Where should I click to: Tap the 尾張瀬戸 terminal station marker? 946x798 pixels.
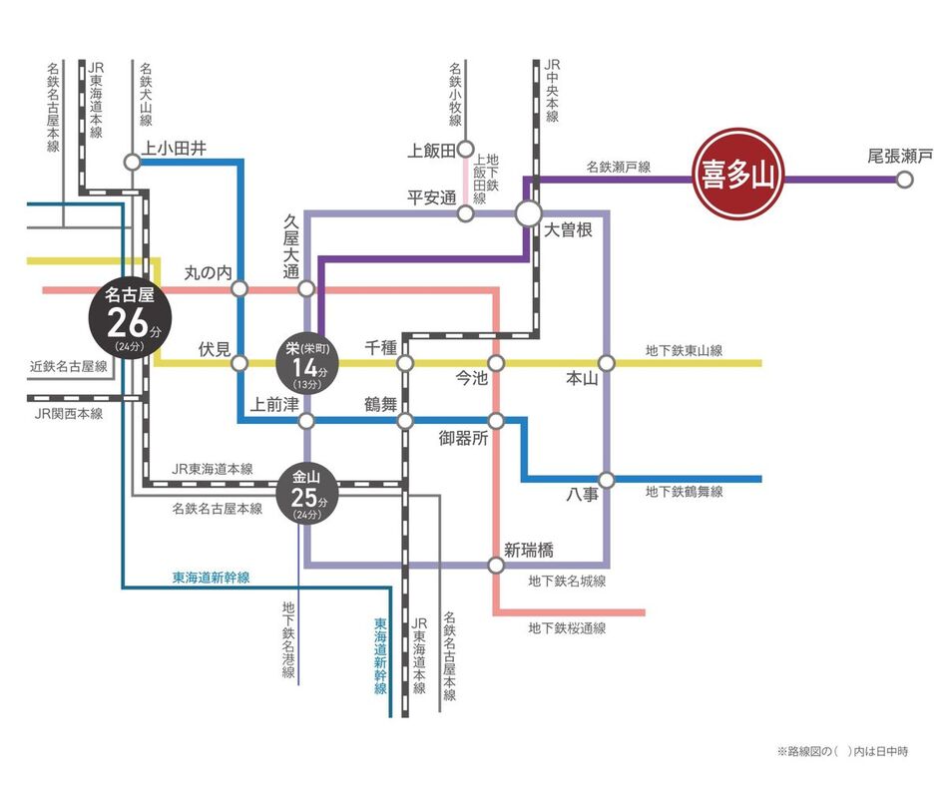[x=904, y=180]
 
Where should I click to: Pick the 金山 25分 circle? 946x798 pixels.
[x=307, y=494]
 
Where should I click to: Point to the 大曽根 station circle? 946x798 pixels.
[x=529, y=213]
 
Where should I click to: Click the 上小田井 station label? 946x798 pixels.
[x=175, y=148]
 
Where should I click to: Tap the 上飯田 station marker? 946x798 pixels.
[x=466, y=150]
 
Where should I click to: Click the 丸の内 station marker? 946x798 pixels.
[x=239, y=289]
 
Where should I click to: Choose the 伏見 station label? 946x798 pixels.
[x=215, y=348]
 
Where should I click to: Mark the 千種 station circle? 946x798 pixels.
[x=405, y=363]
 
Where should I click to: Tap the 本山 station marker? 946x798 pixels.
[x=606, y=363]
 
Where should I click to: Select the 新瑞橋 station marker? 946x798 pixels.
[x=496, y=566]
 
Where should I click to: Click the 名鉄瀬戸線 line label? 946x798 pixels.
[x=619, y=168]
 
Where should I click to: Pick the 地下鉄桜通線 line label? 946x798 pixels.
[x=567, y=628]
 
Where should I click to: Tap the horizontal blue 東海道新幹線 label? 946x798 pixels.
[x=211, y=578]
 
